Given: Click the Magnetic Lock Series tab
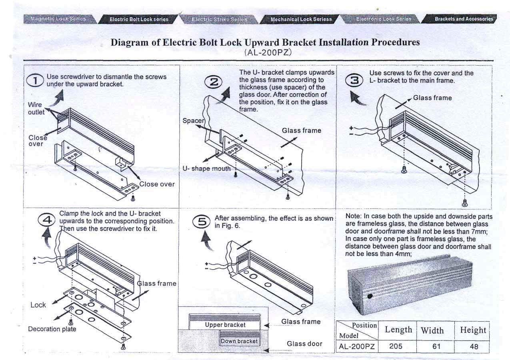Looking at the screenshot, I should click(x=58, y=19).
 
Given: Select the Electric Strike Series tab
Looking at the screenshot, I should click(x=219, y=19).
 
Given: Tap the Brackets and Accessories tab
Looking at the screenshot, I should click(x=464, y=19).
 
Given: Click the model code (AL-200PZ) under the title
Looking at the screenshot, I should click(x=268, y=52).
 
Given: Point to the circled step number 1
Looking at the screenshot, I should click(x=35, y=81).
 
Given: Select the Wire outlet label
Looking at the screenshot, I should click(x=35, y=108).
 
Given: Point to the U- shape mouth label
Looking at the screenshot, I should click(x=206, y=168).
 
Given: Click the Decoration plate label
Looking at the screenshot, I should click(x=52, y=329).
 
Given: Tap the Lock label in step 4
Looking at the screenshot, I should click(x=38, y=305).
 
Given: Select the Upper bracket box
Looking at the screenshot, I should click(x=225, y=325).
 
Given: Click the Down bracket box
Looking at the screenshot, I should click(x=239, y=341).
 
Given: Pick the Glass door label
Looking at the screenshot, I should click(x=304, y=344).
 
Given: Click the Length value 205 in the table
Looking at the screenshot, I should click(x=396, y=346).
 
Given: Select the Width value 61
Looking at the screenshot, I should click(x=436, y=346).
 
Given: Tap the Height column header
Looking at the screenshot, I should click(x=473, y=330).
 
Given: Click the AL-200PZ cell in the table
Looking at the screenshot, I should click(x=356, y=346).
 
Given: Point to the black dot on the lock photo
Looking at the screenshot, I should click(x=370, y=296).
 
